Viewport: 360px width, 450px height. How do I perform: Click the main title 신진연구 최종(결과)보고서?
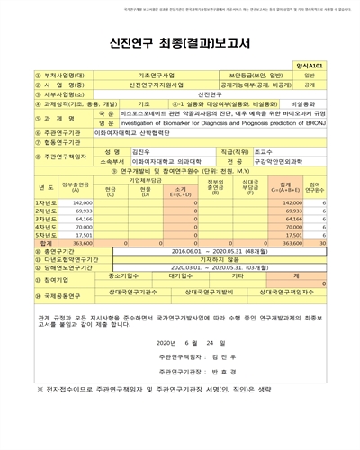(180, 43)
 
